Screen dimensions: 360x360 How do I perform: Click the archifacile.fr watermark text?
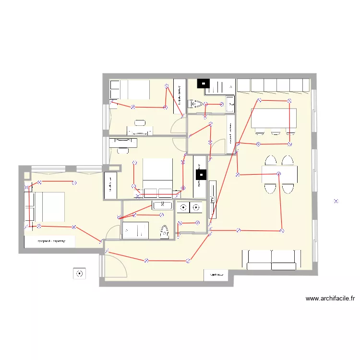tap(330, 298)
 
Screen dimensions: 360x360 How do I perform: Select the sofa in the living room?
tap(272, 259)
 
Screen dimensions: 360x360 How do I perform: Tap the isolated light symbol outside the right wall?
tap(336, 202)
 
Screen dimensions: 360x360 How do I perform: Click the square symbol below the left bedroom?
tap(79, 274)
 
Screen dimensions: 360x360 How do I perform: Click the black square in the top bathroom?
tap(204, 84)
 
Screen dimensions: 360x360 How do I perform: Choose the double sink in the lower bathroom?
tap(162, 205)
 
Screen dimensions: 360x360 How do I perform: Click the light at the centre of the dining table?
tap(278, 174)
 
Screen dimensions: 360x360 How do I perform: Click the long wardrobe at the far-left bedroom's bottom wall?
tap(50, 241)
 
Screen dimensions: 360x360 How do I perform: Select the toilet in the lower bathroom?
tap(164, 231)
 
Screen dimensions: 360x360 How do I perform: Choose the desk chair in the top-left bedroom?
tap(140, 123)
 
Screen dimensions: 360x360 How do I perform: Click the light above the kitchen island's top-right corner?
tap(289, 101)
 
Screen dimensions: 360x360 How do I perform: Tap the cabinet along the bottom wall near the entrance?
tap(216, 275)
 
